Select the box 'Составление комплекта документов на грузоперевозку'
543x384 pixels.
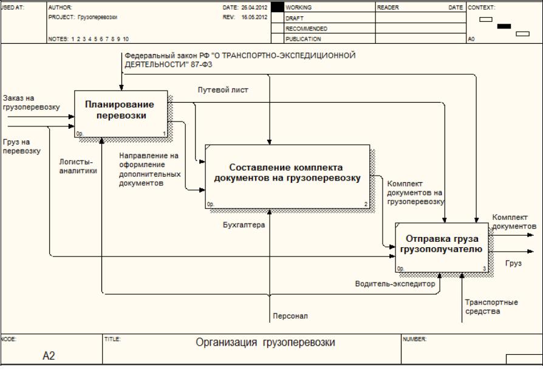point(287,175)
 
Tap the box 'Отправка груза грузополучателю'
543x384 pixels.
point(442,246)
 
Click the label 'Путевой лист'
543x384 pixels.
point(223,90)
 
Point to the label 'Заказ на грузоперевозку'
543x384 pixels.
point(30,102)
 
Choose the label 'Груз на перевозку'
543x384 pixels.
point(21,146)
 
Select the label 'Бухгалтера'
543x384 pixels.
point(244,225)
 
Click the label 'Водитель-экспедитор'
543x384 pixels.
point(395,283)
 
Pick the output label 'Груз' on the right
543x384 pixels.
point(513,263)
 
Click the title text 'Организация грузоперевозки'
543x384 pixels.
point(265,343)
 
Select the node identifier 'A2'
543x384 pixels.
point(49,356)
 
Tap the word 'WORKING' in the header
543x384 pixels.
point(298,8)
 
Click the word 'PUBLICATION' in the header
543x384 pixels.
point(303,39)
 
